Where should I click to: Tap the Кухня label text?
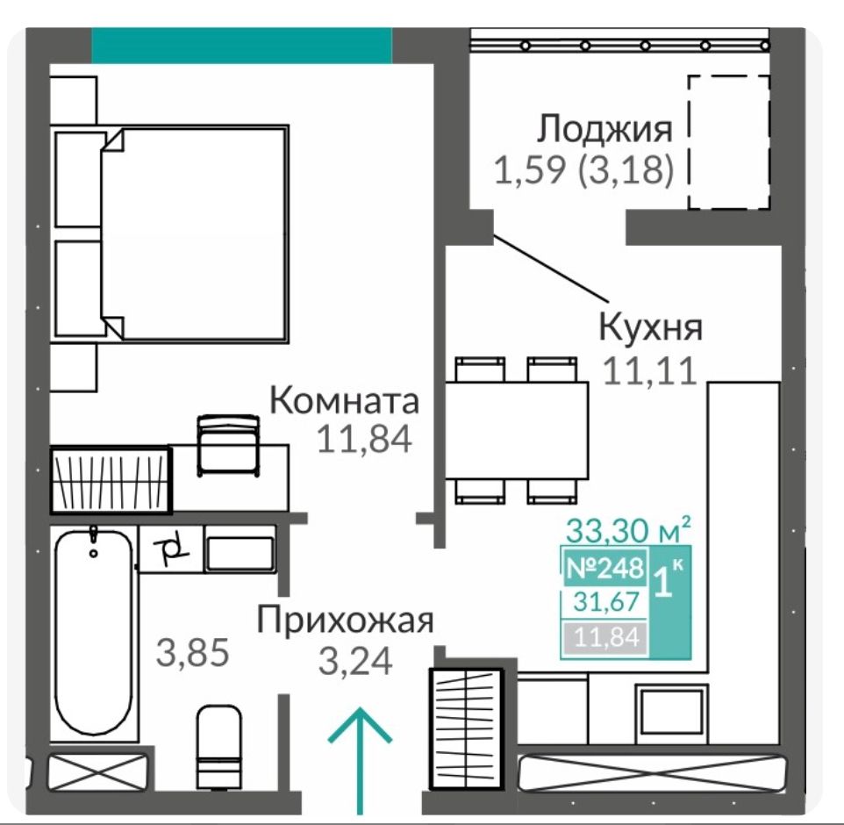[x=651, y=327]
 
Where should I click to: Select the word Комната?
[x=344, y=401]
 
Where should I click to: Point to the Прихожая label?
[x=345, y=621]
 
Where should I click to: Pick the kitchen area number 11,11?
[x=650, y=371]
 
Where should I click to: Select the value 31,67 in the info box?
[x=606, y=602]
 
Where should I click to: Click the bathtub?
[x=94, y=632]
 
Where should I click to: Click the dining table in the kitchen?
[x=516, y=430]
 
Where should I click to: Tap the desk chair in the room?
[x=228, y=446]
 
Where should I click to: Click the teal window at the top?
[x=241, y=46]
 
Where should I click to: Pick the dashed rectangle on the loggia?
[x=729, y=142]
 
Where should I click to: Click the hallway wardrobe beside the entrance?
[x=466, y=729]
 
